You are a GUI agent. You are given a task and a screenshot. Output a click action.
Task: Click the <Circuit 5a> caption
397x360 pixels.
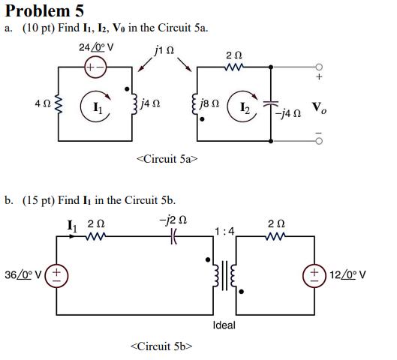[x=165, y=158]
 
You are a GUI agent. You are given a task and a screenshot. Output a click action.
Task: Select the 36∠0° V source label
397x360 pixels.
[x=26, y=276]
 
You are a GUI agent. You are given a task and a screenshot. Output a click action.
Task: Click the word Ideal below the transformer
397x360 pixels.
[x=224, y=325]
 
